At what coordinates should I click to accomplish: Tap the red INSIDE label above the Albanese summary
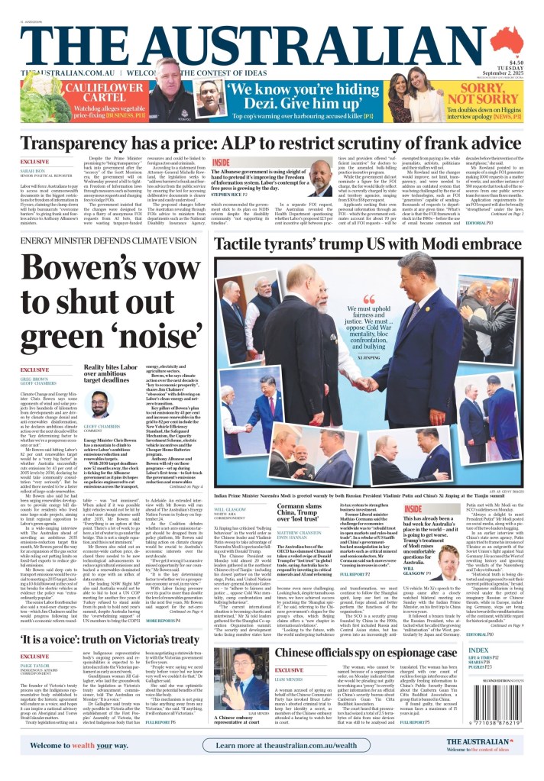(221, 163)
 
